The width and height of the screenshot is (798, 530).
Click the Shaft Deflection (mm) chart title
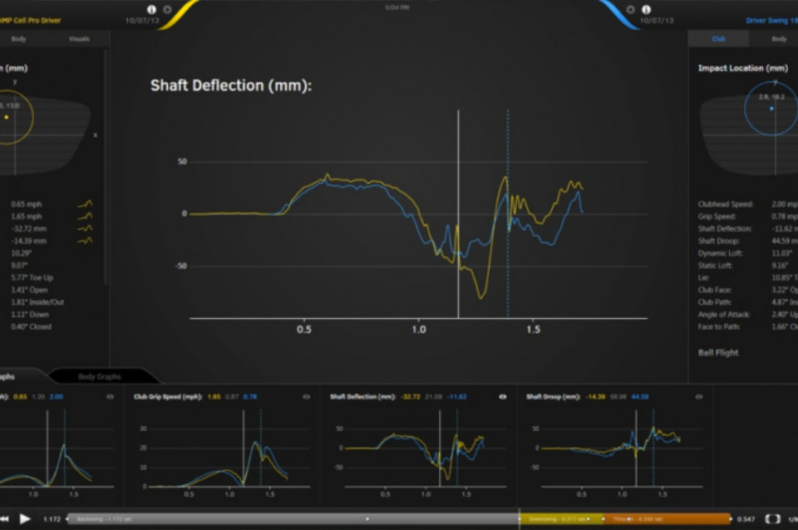[230, 85]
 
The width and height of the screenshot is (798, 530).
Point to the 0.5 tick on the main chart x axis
[304, 330]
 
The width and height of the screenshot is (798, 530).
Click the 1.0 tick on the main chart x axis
[419, 330]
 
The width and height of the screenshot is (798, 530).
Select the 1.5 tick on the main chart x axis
[533, 330]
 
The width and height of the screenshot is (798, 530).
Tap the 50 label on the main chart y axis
[182, 161]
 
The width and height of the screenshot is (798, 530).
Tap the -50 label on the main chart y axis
[180, 267]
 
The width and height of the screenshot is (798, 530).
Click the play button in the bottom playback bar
[25, 518]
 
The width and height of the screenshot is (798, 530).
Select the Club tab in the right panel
[718, 39]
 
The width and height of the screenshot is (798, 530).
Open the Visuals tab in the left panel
[79, 39]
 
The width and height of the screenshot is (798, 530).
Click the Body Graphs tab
[100, 376]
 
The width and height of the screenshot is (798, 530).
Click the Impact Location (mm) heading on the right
[742, 68]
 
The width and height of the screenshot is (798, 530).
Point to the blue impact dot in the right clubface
[771, 109]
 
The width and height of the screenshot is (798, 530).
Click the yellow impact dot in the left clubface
[7, 117]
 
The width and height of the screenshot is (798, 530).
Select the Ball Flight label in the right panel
[718, 352]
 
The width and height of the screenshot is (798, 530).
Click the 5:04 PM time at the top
[397, 7]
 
